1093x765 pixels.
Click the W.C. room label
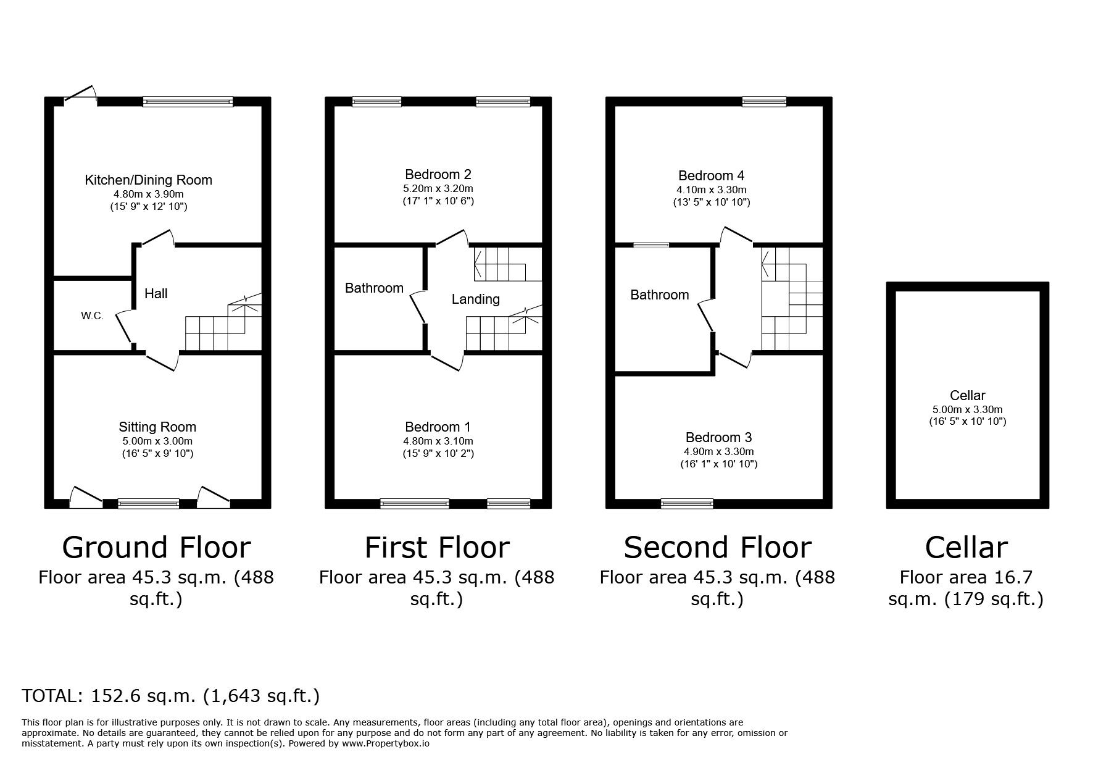92,316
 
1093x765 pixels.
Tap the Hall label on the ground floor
156,293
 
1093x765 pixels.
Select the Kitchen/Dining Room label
148,180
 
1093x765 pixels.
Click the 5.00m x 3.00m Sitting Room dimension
157,441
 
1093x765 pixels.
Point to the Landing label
475,299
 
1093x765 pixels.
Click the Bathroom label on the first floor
374,288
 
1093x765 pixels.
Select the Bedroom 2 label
438,174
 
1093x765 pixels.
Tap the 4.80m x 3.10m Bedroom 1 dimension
438,441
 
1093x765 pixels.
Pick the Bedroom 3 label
718,437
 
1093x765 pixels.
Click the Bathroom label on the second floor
659,295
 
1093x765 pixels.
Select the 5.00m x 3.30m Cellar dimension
967,409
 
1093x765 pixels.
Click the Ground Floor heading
156,547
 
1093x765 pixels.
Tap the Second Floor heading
717,547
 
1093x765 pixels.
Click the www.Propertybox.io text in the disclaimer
386,743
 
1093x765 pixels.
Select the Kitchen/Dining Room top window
188,102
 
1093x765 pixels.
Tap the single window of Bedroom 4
764,102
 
